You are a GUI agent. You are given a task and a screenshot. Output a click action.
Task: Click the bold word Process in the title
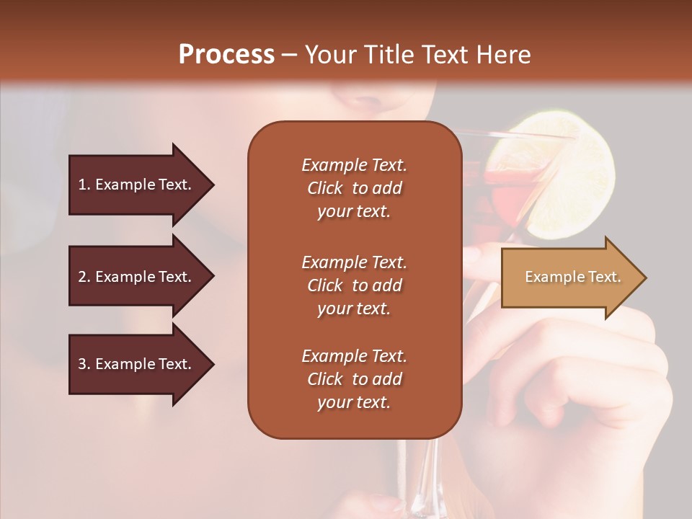point(226,55)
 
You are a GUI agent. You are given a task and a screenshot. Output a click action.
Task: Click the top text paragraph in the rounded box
point(354,188)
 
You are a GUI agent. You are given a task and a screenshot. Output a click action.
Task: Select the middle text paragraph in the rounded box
point(354,285)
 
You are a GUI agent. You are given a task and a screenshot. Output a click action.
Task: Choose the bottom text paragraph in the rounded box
point(354,379)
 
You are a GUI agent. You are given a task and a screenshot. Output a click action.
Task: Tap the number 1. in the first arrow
point(84,185)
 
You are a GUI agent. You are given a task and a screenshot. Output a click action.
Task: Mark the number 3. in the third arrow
point(84,365)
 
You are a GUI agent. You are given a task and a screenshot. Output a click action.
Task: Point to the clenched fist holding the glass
point(591,375)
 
